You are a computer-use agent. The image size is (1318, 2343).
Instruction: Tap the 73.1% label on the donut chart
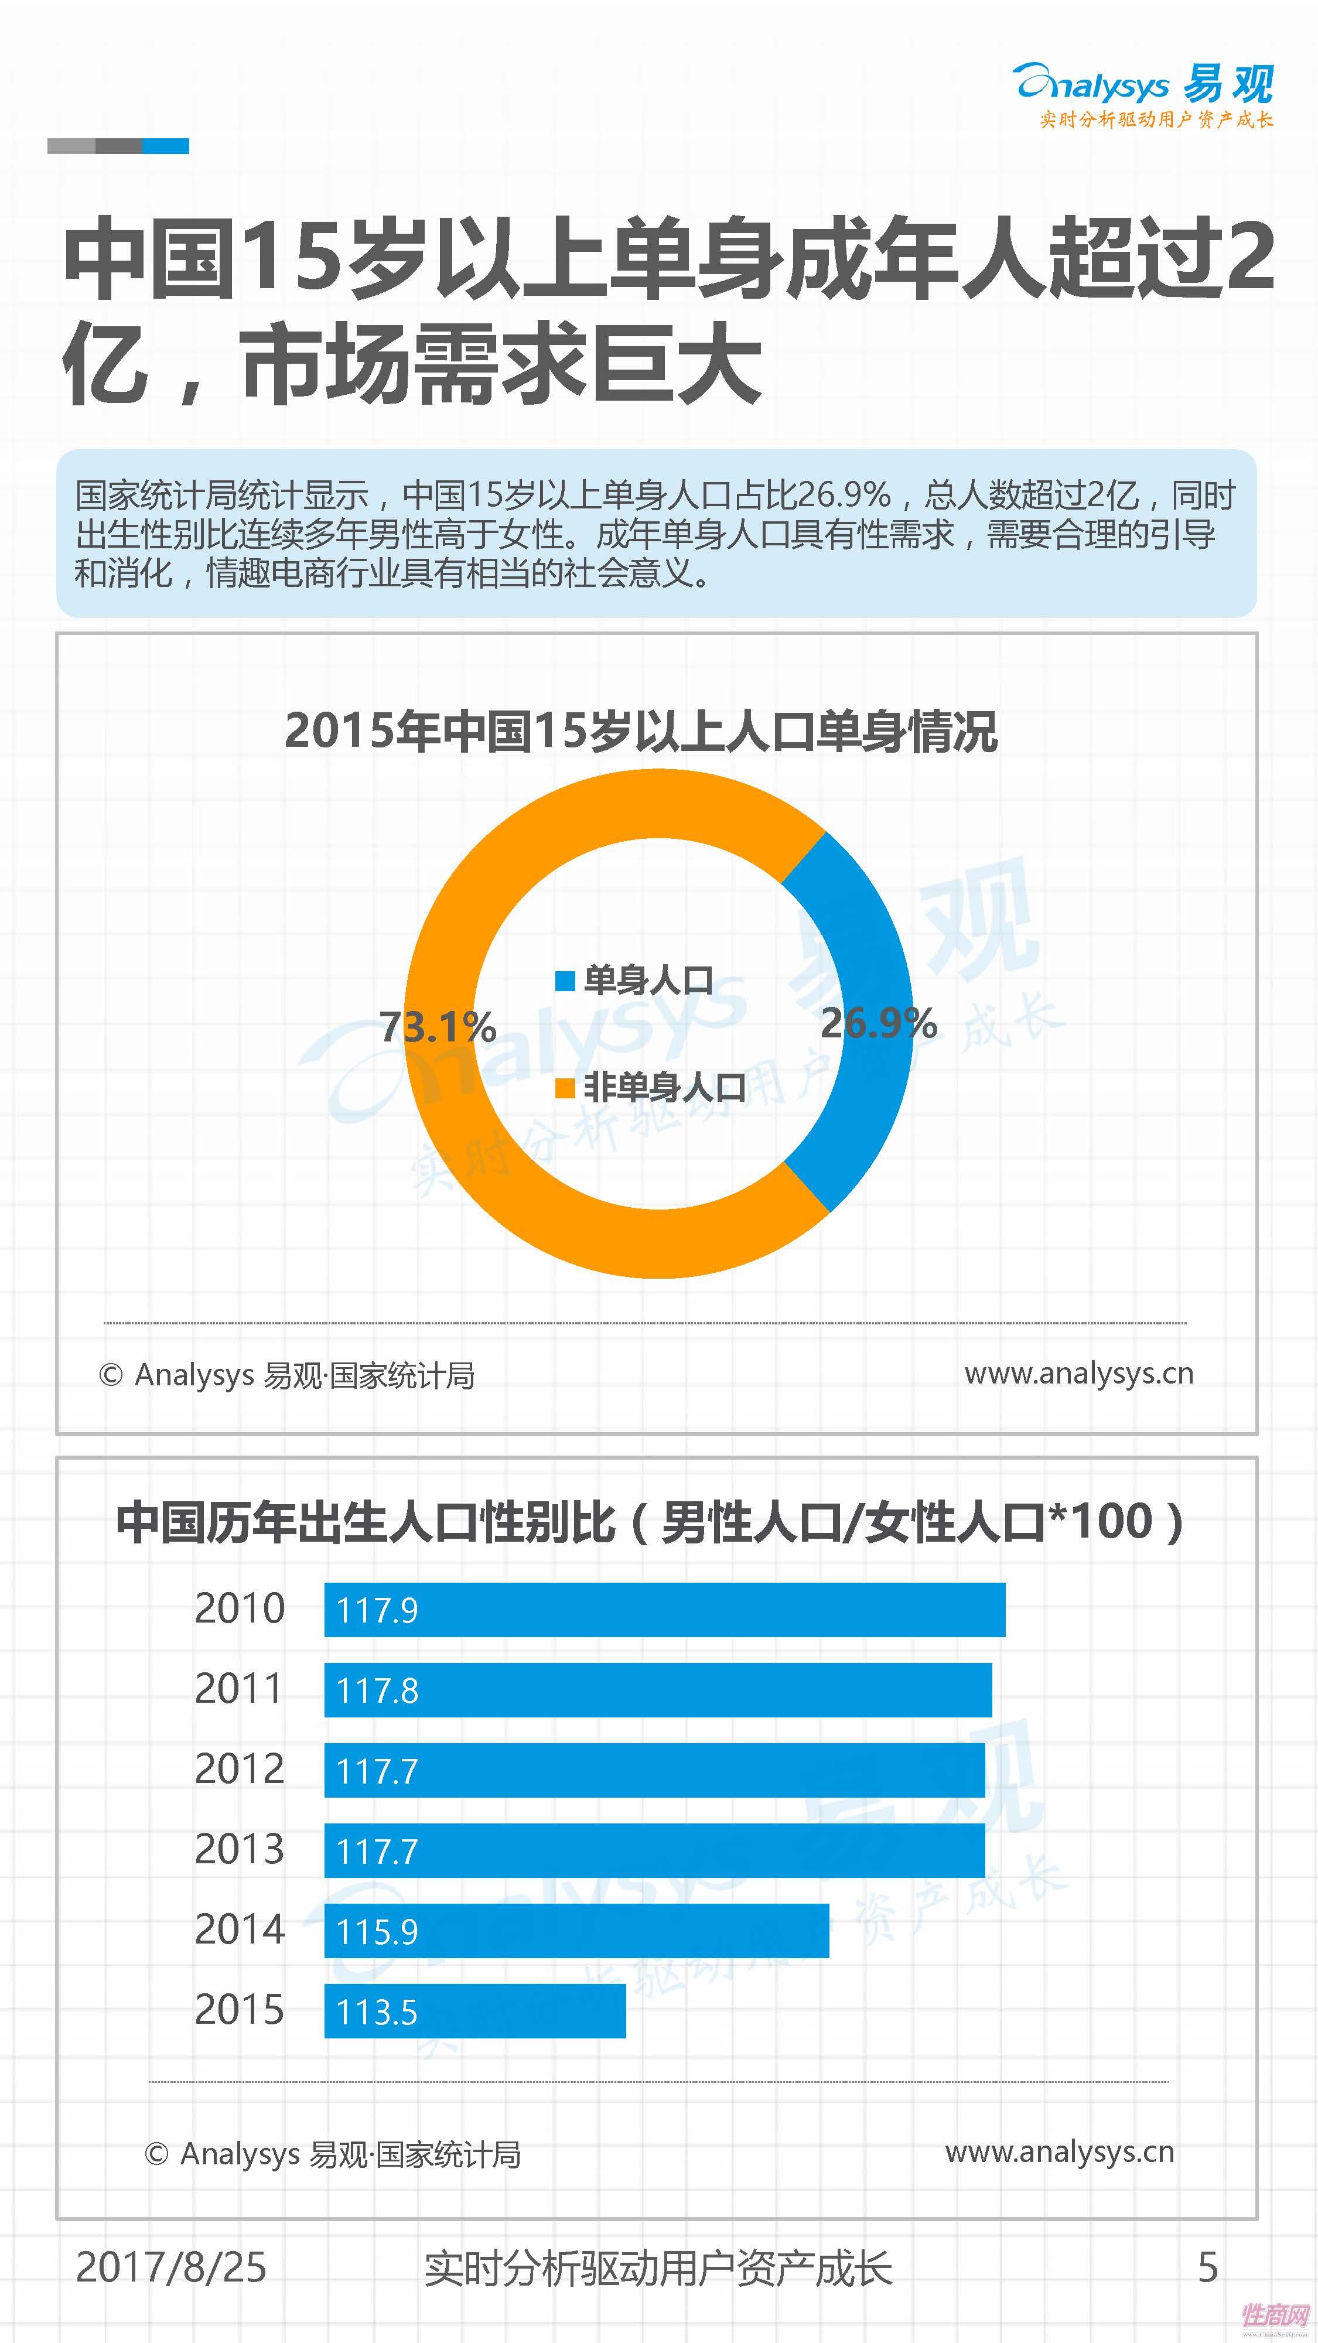438,1027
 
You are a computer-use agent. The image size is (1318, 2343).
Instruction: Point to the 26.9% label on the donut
877,1023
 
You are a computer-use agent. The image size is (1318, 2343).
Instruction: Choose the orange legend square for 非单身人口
565,1088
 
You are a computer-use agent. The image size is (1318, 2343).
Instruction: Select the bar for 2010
664,1609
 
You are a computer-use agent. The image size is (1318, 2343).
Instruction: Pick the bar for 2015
475,2010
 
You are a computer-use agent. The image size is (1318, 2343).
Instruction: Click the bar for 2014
576,1930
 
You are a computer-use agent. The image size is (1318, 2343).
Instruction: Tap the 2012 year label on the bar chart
239,1769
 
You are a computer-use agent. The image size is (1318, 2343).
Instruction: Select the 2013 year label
239,1849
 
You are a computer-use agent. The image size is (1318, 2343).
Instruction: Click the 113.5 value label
377,2012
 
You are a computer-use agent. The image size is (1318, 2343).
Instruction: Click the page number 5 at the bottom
1207,2267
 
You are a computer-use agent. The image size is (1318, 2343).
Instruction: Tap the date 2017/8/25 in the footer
171,2267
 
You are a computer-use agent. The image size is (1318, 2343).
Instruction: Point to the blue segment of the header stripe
166,145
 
